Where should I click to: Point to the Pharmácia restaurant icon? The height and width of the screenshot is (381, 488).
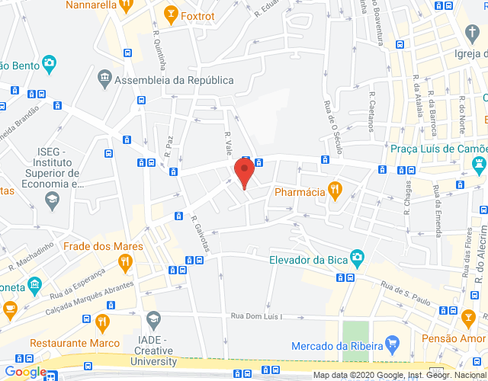(333, 190)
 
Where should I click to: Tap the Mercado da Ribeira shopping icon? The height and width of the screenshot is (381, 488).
(393, 343)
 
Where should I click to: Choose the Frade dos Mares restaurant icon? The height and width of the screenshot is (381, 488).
(126, 263)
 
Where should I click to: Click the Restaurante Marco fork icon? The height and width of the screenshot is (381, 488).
(103, 324)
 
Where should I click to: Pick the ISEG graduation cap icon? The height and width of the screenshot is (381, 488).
(52, 200)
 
